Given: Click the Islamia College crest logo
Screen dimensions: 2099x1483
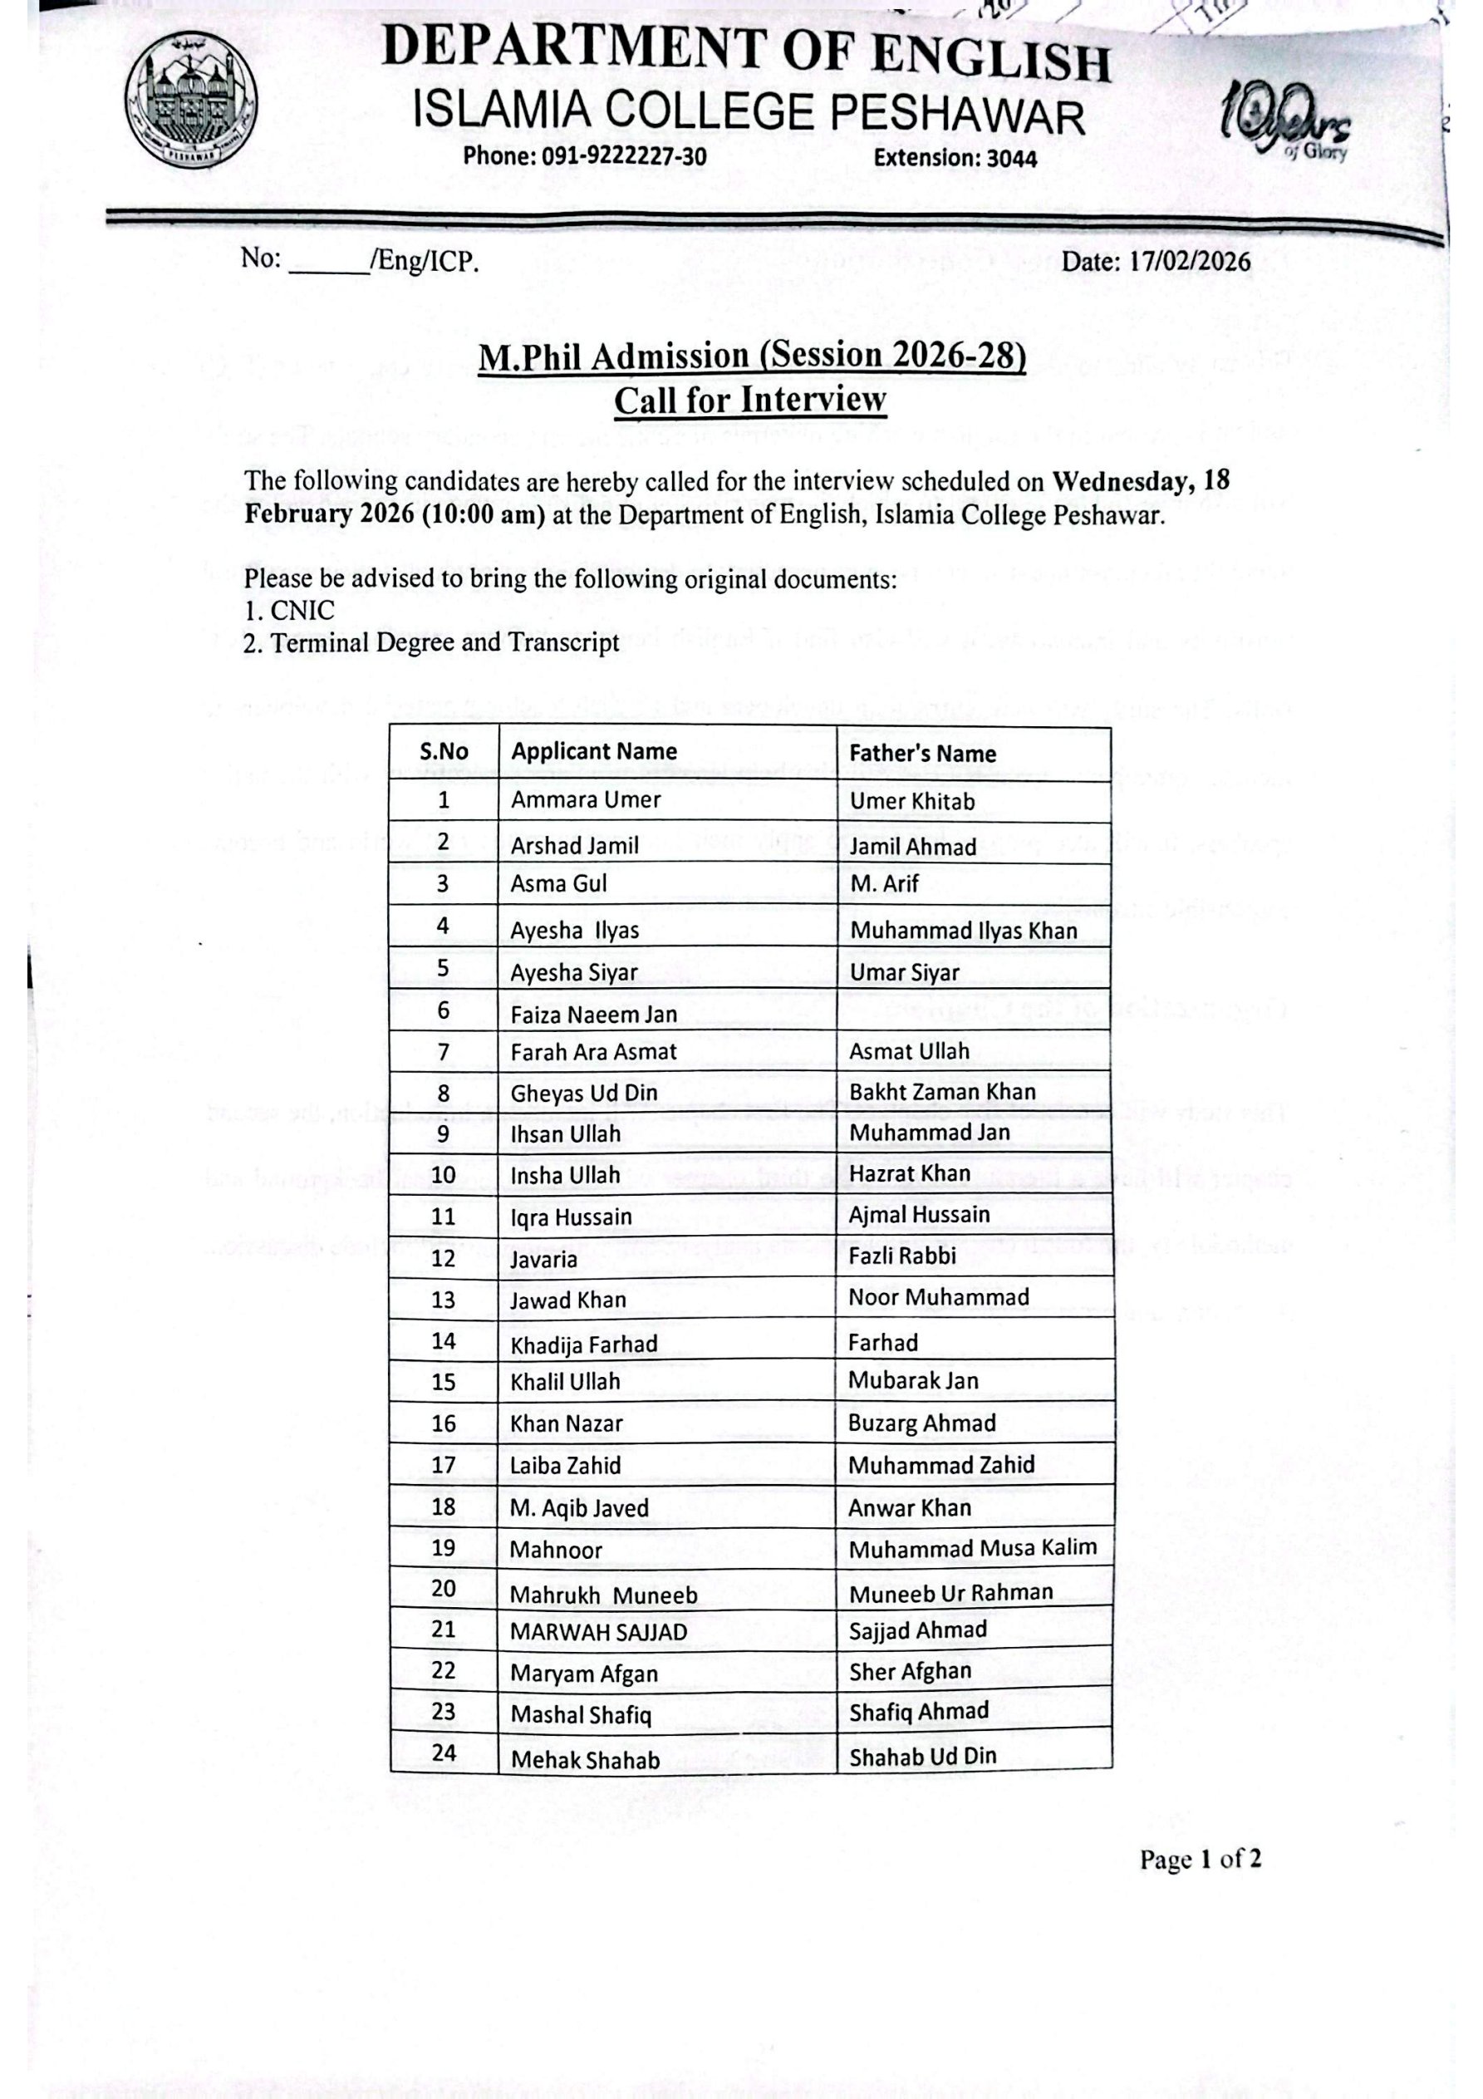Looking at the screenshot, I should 191,101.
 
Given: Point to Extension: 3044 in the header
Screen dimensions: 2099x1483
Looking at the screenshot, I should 955,158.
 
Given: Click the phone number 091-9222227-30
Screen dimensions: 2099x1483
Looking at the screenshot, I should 625,156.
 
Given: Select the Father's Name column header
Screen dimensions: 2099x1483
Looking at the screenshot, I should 921,754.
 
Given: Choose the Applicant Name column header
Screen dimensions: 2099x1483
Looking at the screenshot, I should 593,751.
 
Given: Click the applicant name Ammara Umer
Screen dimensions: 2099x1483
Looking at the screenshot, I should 585,800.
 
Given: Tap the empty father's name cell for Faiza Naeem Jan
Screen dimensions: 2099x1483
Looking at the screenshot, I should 974,1010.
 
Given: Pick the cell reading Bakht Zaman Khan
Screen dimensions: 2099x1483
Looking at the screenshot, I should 942,1092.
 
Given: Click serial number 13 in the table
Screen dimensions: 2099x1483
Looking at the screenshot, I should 443,1299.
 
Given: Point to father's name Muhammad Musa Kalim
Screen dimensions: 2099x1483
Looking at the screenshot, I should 972,1549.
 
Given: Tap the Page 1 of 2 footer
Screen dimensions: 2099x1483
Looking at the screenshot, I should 1200,1859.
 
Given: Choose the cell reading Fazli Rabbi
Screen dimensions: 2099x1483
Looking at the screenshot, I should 901,1256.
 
